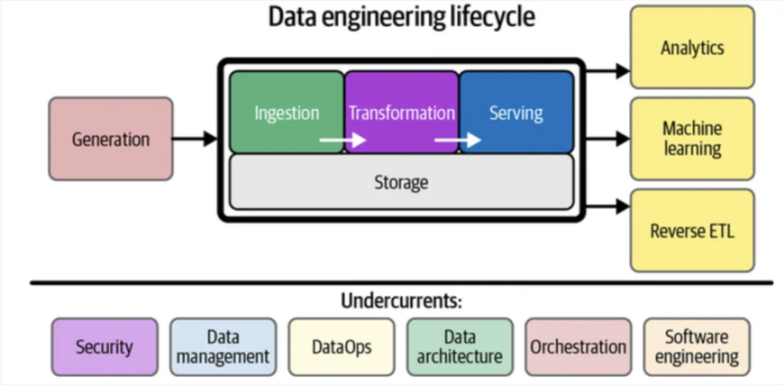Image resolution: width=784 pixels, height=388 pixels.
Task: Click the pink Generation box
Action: pos(111,139)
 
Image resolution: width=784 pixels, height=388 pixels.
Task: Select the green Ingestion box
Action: pos(287,112)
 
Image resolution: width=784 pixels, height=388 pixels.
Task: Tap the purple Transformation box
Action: pos(401,112)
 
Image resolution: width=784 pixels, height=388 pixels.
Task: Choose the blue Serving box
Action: pos(516,112)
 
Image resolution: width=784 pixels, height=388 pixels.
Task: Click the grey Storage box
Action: pos(401,182)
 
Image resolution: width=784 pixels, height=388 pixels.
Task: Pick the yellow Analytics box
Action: pos(692,47)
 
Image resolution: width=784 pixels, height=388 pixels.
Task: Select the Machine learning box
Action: pos(692,139)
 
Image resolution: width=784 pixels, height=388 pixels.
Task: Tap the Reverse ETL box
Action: pos(692,230)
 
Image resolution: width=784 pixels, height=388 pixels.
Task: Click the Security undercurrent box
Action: pos(105,347)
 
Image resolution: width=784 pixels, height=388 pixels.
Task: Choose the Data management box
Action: pos(223,347)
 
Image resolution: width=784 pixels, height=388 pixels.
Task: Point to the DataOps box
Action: pos(341,347)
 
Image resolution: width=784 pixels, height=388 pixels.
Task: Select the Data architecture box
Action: pos(460,347)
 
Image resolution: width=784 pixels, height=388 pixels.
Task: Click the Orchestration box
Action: pos(578,347)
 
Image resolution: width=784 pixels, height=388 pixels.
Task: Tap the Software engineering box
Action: pos(697,347)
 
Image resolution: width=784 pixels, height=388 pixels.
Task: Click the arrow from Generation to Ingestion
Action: pos(194,139)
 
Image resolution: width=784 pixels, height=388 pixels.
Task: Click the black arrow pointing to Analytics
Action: pos(609,71)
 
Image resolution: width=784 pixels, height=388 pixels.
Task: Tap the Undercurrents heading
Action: pos(402,300)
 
